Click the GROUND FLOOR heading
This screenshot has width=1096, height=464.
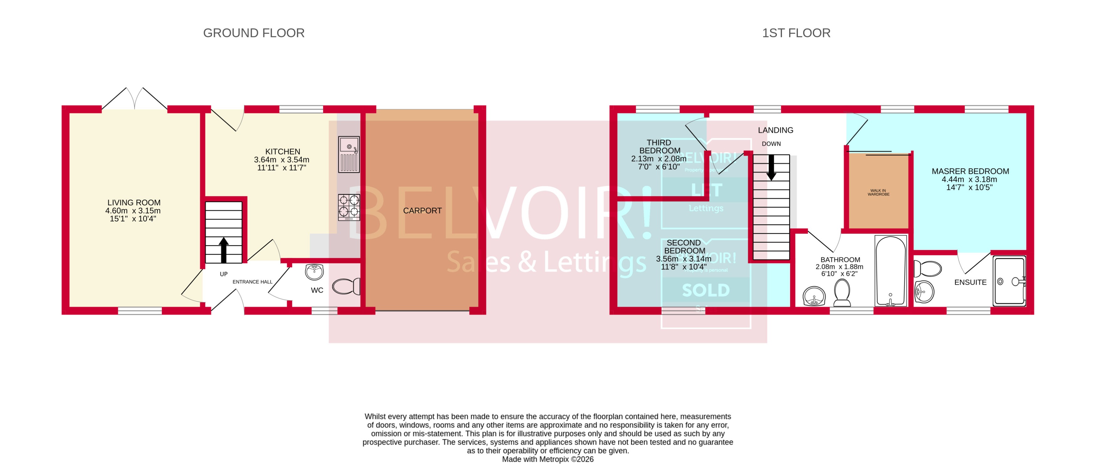(x=254, y=33)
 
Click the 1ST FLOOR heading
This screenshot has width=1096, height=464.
(x=796, y=33)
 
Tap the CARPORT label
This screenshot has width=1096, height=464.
(x=422, y=211)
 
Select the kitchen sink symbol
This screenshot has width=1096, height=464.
(x=349, y=154)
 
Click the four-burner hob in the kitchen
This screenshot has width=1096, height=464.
(x=349, y=207)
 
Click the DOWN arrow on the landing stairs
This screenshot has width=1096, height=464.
(x=771, y=167)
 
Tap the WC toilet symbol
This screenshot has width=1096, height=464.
(x=345, y=286)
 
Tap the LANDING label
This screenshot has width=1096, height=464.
(x=775, y=130)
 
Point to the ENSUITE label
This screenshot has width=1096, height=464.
(x=970, y=283)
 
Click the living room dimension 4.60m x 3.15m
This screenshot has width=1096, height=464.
(x=133, y=211)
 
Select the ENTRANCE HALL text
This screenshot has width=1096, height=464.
(x=252, y=282)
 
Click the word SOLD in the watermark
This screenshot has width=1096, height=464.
(x=706, y=290)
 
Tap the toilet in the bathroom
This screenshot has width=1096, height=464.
(x=842, y=293)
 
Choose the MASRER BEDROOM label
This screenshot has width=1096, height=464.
(x=970, y=171)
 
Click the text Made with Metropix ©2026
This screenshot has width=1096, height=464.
(x=548, y=459)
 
